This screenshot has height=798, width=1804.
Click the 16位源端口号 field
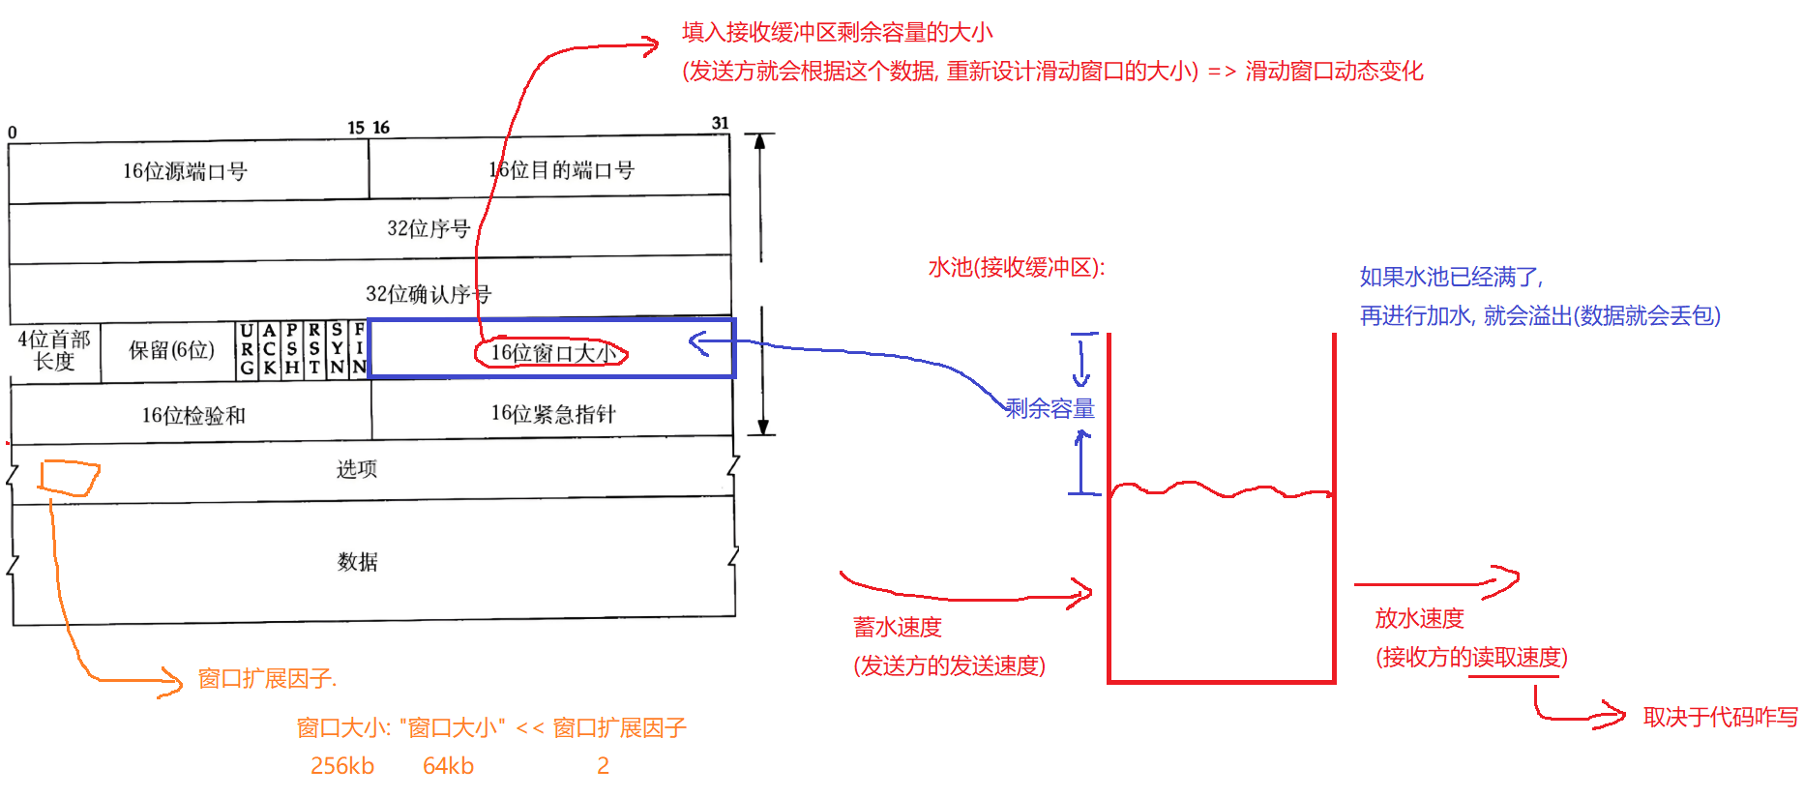tap(185, 171)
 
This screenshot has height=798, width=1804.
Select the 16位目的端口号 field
tap(561, 170)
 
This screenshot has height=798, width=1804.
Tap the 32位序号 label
tap(429, 228)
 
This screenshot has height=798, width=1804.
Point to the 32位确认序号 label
tap(428, 294)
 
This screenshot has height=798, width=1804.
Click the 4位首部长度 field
tap(54, 350)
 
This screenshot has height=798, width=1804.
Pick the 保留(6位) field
tap(171, 350)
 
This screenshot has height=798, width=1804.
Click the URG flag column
tap(247, 349)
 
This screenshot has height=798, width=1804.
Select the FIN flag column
tap(359, 349)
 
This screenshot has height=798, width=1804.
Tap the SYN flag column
tap(337, 349)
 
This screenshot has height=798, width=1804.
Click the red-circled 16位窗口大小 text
tap(552, 353)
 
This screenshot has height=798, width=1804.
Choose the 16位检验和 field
tap(193, 415)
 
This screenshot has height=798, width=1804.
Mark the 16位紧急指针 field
tap(552, 414)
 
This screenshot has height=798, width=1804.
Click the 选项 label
tap(357, 469)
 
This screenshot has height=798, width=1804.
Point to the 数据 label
tap(357, 562)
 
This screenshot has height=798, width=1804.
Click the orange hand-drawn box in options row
tap(69, 478)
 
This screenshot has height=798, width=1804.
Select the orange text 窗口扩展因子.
tap(266, 679)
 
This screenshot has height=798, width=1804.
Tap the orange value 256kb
tap(341, 766)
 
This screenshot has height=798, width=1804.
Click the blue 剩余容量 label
tap(1050, 408)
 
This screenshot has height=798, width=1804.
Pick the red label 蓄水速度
tap(897, 627)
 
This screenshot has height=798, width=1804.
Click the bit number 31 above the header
tap(720, 123)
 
